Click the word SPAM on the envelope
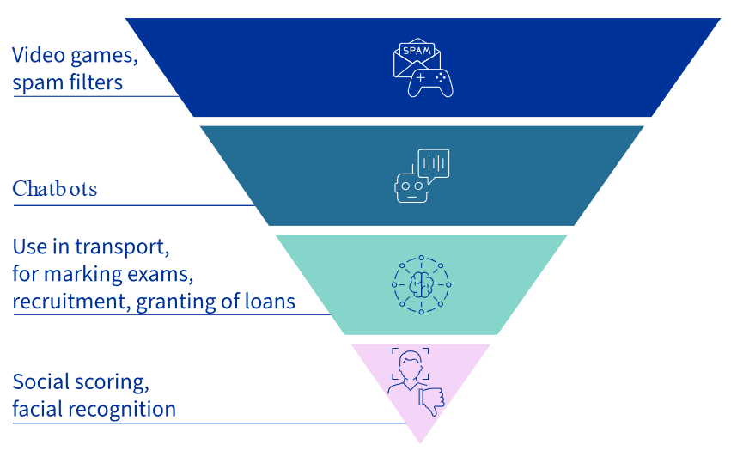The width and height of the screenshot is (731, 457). [417, 51]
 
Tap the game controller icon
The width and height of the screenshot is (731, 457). [430, 83]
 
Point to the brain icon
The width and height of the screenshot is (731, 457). [422, 284]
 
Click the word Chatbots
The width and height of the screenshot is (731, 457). [54, 189]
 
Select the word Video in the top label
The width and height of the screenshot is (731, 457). [39, 55]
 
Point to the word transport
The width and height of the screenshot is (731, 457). [122, 247]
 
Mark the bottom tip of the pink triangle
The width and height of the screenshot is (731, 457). [421, 443]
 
